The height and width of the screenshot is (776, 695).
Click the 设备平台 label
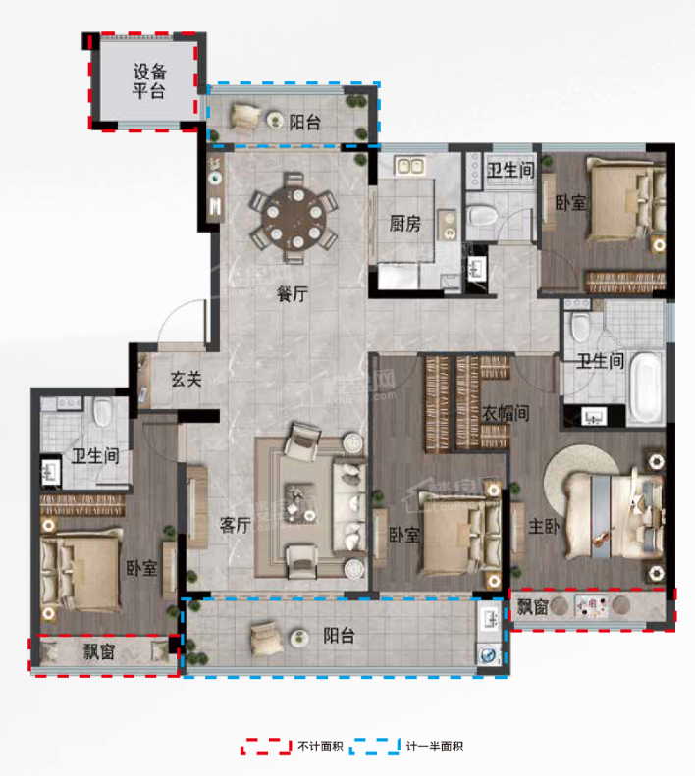149,81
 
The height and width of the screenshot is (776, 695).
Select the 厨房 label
404,225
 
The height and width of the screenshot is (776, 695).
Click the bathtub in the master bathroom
646,388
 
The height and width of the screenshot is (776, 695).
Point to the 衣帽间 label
506,413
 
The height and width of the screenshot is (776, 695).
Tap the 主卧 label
544,526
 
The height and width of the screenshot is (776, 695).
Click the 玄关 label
187,380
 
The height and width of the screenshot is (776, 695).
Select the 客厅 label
236,525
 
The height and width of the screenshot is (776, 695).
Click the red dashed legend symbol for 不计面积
266,747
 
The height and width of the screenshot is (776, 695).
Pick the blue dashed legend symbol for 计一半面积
375,747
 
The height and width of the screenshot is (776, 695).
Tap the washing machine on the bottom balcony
489,654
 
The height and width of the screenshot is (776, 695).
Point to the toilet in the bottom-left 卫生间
103,412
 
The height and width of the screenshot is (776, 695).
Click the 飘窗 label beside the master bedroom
532,606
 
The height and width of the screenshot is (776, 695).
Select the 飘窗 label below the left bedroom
98,651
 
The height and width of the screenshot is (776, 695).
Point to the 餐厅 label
293,294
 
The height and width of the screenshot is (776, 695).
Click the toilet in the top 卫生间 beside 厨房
482,215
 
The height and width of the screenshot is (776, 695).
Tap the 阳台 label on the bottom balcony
339,636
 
